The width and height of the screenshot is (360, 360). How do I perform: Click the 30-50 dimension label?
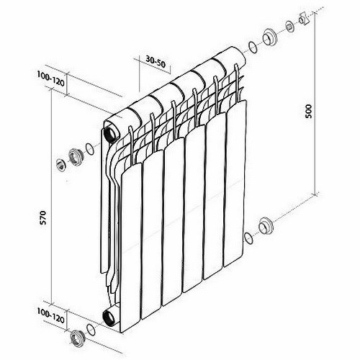click(156, 63)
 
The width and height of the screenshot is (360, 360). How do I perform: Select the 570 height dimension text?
click(42, 217)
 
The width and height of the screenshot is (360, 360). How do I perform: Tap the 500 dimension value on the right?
click(308, 112)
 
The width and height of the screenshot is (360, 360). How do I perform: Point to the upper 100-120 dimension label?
click(50, 78)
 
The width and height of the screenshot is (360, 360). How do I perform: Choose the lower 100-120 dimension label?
click(50, 315)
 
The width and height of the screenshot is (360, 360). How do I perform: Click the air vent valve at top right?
click(303, 19)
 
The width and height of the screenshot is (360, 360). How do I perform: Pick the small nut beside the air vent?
click(290, 26)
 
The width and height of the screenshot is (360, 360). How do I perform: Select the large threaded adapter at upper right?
click(270, 37)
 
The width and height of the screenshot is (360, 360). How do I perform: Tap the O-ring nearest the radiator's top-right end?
click(253, 48)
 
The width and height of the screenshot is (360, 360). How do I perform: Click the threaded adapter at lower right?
click(266, 226)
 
